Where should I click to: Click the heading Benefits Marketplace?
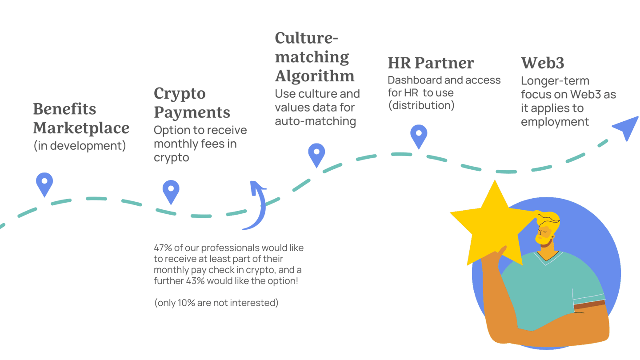[x=81, y=119]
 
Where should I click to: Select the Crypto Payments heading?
[x=192, y=103]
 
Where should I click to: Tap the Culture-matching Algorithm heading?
[x=315, y=57]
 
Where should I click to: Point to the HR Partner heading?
[x=431, y=63]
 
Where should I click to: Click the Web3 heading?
[x=543, y=63]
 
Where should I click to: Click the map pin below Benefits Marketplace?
[x=44, y=184]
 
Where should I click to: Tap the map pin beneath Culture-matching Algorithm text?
[x=316, y=154]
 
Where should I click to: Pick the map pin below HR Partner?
[x=419, y=135]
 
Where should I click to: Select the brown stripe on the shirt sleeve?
[x=589, y=304]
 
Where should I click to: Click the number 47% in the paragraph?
[x=163, y=248]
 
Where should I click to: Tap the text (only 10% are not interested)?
[x=216, y=303]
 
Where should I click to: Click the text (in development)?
[x=80, y=146]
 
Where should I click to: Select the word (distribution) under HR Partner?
[x=421, y=106]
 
